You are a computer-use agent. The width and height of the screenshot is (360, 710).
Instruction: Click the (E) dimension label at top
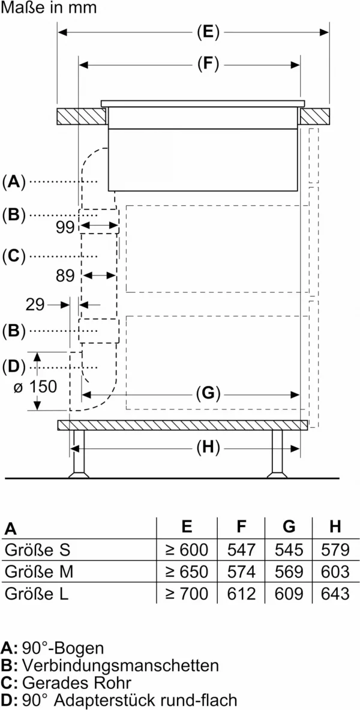pyautogui.click(x=208, y=32)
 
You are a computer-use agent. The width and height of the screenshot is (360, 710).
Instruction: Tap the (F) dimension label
pyautogui.click(x=208, y=65)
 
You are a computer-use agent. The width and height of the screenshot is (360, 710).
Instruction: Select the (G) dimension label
pyautogui.click(x=208, y=394)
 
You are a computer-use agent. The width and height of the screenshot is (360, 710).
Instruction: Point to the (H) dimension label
pyautogui.click(x=208, y=448)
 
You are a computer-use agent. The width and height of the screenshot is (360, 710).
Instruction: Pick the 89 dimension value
pyautogui.click(x=65, y=275)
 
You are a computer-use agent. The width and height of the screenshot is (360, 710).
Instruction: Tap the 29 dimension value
pyautogui.click(x=35, y=305)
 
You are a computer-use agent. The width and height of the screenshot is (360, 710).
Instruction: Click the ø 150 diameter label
pyautogui.click(x=35, y=387)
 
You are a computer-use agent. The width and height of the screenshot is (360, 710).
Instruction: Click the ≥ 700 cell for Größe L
pyautogui.click(x=187, y=593)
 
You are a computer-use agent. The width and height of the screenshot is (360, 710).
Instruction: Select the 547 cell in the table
pyautogui.click(x=241, y=550)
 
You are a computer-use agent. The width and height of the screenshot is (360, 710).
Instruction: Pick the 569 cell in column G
pyautogui.click(x=289, y=571)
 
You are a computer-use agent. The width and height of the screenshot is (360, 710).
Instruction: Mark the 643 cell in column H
pyautogui.click(x=335, y=593)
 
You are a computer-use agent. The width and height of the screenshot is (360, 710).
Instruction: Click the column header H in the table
pyautogui.click(x=335, y=526)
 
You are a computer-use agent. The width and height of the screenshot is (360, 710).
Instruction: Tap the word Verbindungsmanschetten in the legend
pyautogui.click(x=121, y=665)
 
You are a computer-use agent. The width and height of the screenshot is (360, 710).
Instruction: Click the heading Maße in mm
pyautogui.click(x=49, y=8)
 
